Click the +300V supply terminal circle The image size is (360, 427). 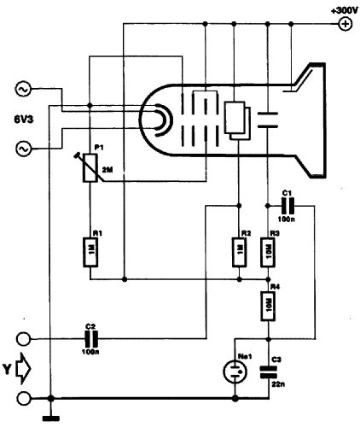tap(345, 24)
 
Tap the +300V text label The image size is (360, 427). tap(345, 11)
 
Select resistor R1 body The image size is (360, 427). tap(90, 252)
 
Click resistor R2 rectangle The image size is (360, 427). tap(239, 252)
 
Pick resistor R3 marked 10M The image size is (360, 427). tap(268, 252)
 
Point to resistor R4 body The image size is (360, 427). tap(268, 306)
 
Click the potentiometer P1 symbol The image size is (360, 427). tap(90, 167)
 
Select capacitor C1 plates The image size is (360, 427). tap(287, 206)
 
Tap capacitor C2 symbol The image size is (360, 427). tap(91, 339)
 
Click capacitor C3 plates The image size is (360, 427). tap(268, 372)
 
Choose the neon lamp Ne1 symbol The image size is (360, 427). tap(235, 371)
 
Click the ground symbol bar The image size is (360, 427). tap(51, 418)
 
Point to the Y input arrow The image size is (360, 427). tap(24, 369)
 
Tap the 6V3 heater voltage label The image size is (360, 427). tap(24, 120)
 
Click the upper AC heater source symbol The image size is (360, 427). tap(23, 90)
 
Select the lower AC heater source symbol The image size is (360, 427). tap(23, 149)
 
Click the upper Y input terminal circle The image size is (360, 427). tap(24, 339)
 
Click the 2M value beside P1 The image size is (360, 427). tap(107, 170)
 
